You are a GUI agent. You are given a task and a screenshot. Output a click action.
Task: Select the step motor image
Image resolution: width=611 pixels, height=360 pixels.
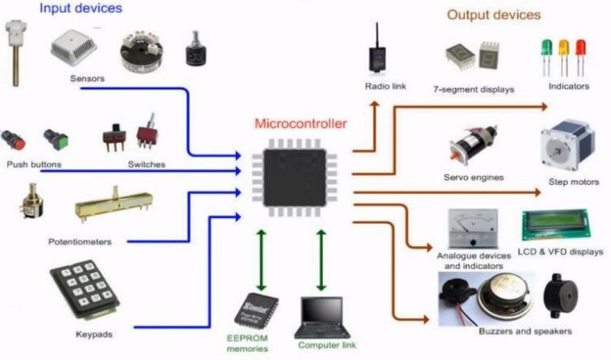[568, 145]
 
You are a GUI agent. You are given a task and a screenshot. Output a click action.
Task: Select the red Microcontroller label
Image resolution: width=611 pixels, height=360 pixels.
[301, 125]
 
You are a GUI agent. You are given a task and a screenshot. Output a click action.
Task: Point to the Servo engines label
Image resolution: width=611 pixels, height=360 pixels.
[474, 178]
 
